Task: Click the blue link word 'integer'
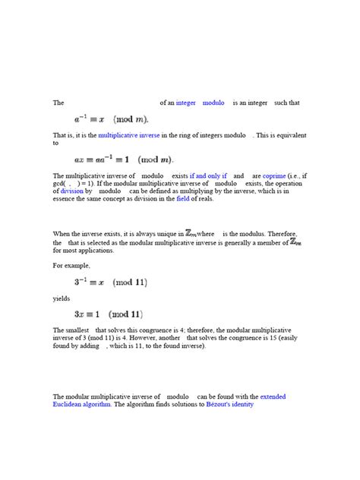coord(185,103)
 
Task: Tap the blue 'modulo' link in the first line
coord(213,103)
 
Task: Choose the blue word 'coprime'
coord(274,175)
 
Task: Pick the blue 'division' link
coord(68,191)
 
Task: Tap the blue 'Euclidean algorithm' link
coord(82,405)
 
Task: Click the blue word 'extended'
coord(273,396)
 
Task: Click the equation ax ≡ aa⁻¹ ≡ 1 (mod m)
coord(123,159)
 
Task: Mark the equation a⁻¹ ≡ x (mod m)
coord(111,119)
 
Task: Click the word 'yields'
coord(61,298)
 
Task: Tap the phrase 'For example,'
coord(71,266)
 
